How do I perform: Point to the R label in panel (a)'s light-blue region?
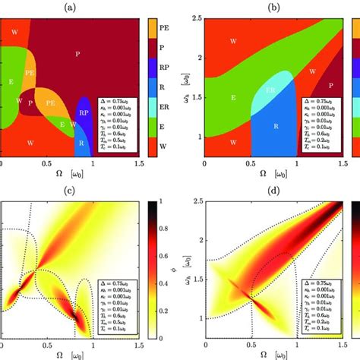click(81, 141)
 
